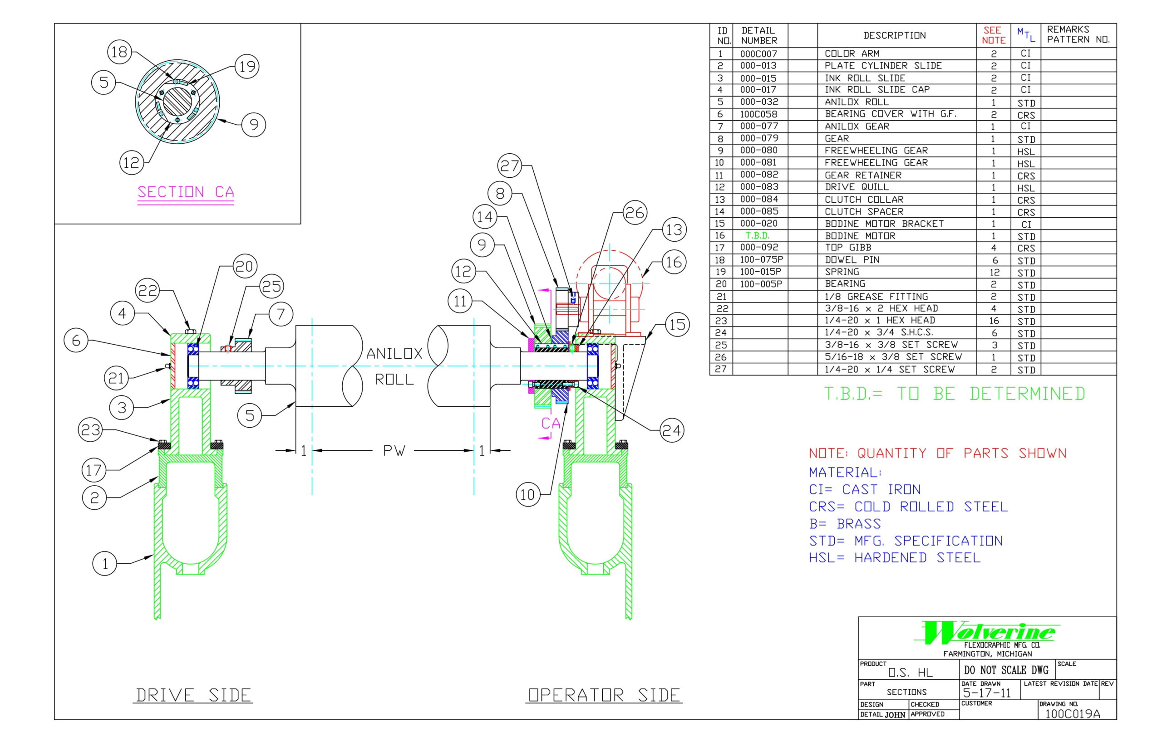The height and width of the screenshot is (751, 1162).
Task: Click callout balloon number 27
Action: [x=509, y=166]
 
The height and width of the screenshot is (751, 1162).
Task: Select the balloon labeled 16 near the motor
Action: [x=674, y=263]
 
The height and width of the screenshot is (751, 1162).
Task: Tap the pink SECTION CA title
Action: [x=186, y=192]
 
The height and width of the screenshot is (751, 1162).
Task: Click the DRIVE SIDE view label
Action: [x=193, y=694]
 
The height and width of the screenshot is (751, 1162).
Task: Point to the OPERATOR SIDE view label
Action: [x=604, y=694]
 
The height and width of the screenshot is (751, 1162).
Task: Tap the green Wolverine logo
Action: [x=987, y=632]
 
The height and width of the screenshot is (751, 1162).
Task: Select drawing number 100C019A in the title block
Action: [x=1072, y=714]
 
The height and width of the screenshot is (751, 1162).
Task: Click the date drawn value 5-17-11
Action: [x=986, y=692]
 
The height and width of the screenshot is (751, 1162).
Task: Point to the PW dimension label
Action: [x=394, y=451]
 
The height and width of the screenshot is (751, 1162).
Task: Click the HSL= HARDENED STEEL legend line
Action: [x=894, y=557]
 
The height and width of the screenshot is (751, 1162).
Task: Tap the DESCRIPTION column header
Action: [x=894, y=35]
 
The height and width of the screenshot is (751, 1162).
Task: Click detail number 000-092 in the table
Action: [x=759, y=248]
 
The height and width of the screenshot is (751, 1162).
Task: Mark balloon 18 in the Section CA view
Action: [x=119, y=52]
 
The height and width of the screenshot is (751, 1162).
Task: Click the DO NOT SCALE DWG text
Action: [x=1006, y=670]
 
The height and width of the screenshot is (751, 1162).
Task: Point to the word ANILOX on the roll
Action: [x=394, y=354]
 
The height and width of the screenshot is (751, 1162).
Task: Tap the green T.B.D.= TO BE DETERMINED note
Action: [x=954, y=394]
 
